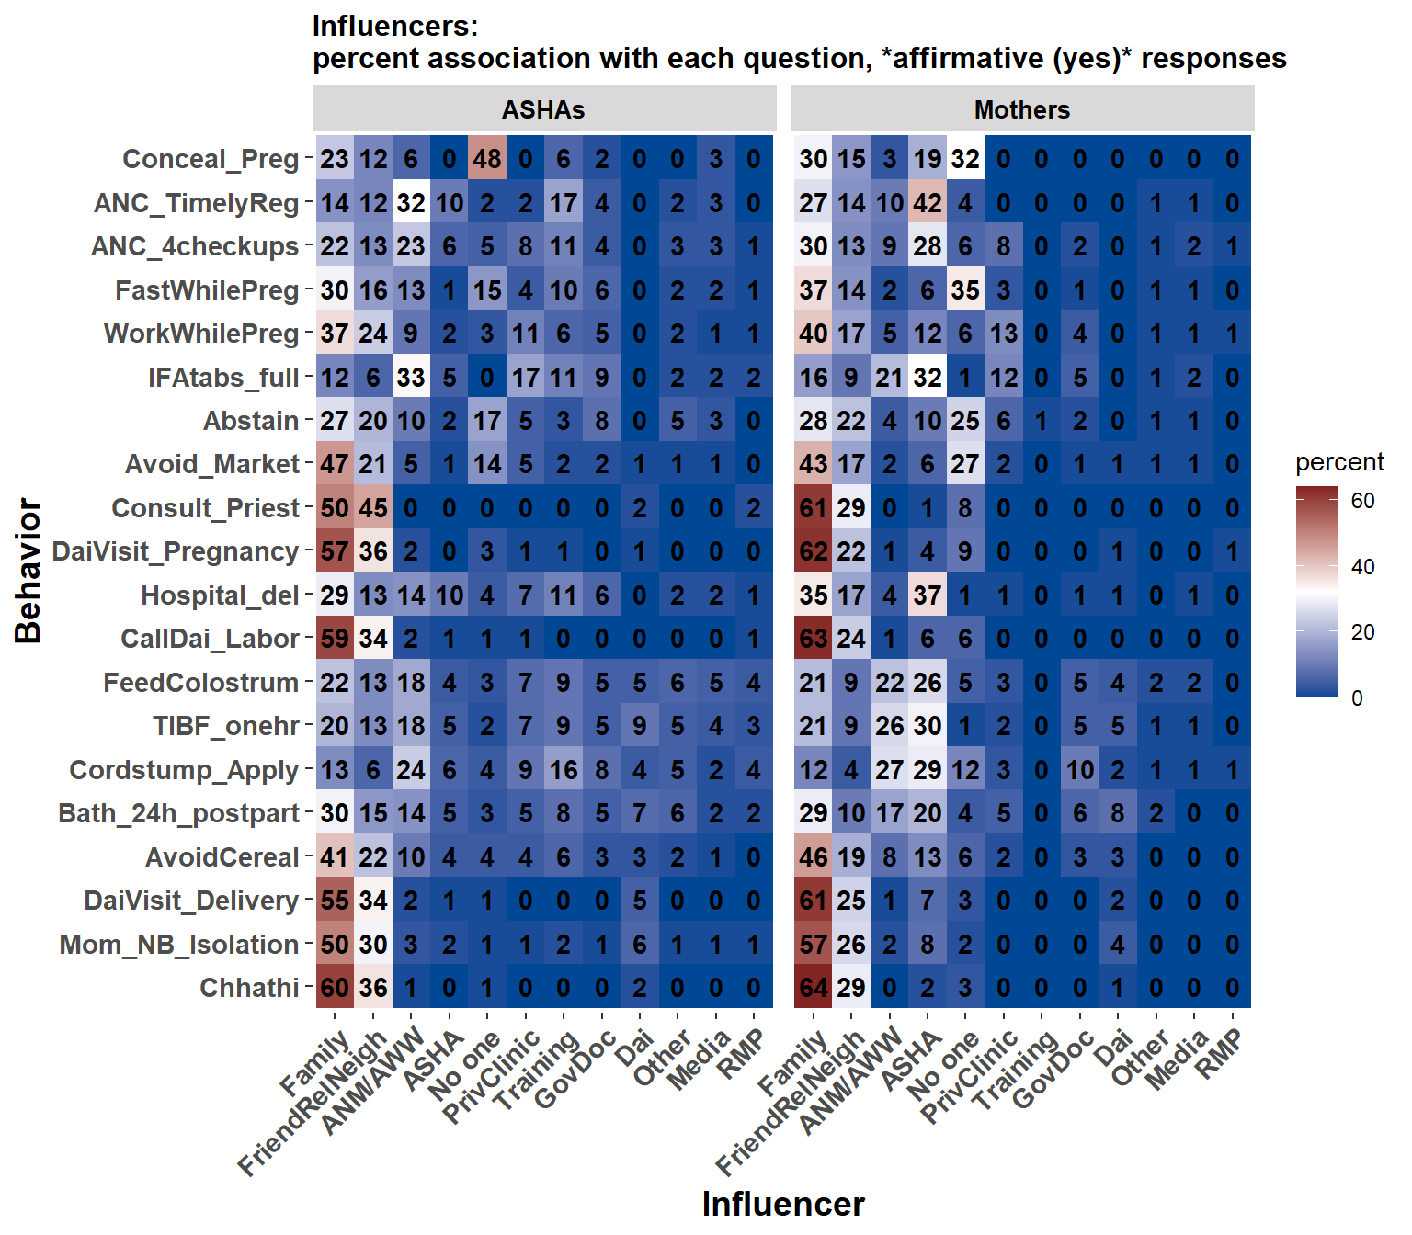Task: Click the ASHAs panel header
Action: pyautogui.click(x=543, y=110)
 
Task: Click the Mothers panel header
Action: pyautogui.click(x=1022, y=110)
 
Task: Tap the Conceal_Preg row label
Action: pyautogui.click(x=211, y=160)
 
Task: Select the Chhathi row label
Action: pyautogui.click(x=249, y=989)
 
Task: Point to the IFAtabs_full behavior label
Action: pyautogui.click(x=223, y=378)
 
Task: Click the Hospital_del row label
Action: pyautogui.click(x=220, y=595)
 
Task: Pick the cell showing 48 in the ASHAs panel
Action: pyautogui.click(x=487, y=160)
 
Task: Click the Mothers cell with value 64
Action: pyautogui.click(x=813, y=989)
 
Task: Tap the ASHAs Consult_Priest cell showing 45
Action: pyautogui.click(x=372, y=508)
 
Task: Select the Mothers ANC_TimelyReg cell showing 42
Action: pyautogui.click(x=927, y=203)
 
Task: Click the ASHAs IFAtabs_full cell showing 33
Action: pyautogui.click(x=411, y=378)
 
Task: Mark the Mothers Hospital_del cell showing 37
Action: pyautogui.click(x=927, y=595)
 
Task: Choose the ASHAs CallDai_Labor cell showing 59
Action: pyautogui.click(x=335, y=639)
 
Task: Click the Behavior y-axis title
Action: pyautogui.click(x=28, y=571)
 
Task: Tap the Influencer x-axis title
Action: pyautogui.click(x=783, y=1204)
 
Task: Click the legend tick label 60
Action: pyautogui.click(x=1362, y=501)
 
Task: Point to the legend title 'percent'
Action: pyautogui.click(x=1338, y=462)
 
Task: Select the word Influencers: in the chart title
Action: pyautogui.click(x=395, y=26)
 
